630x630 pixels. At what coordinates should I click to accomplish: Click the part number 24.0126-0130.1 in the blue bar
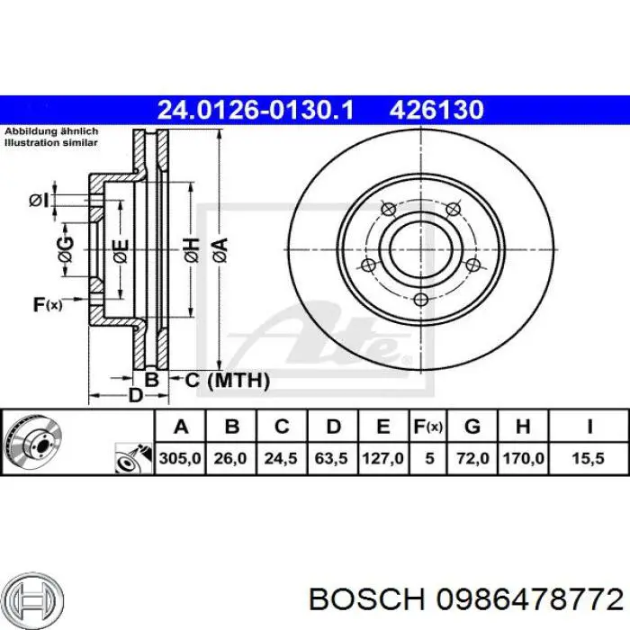coord(256,110)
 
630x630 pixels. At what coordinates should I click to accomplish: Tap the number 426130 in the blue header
coord(436,110)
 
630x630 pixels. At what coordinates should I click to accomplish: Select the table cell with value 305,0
coord(180,458)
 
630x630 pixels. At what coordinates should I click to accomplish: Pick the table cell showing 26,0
coord(230,458)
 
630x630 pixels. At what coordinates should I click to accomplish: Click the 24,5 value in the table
coord(281,458)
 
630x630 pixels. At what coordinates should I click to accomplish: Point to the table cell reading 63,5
coord(331,458)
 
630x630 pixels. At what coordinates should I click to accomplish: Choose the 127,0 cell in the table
coord(382,458)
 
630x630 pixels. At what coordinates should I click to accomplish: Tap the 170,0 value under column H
coord(523,458)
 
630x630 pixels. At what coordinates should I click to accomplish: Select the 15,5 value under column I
coord(589,458)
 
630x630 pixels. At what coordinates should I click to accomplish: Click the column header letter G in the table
coord(472,427)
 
